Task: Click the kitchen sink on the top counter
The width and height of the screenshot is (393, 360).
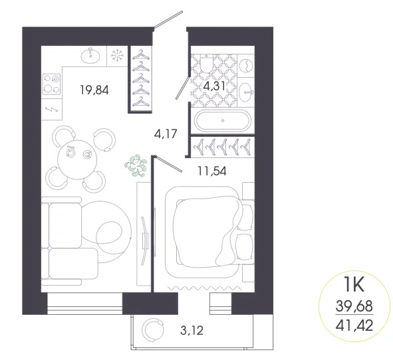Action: click(x=89, y=56)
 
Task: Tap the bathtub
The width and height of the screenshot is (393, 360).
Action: click(x=223, y=122)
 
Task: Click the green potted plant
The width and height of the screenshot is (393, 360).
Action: click(x=137, y=165)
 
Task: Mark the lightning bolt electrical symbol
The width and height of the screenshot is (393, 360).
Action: click(x=51, y=108)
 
